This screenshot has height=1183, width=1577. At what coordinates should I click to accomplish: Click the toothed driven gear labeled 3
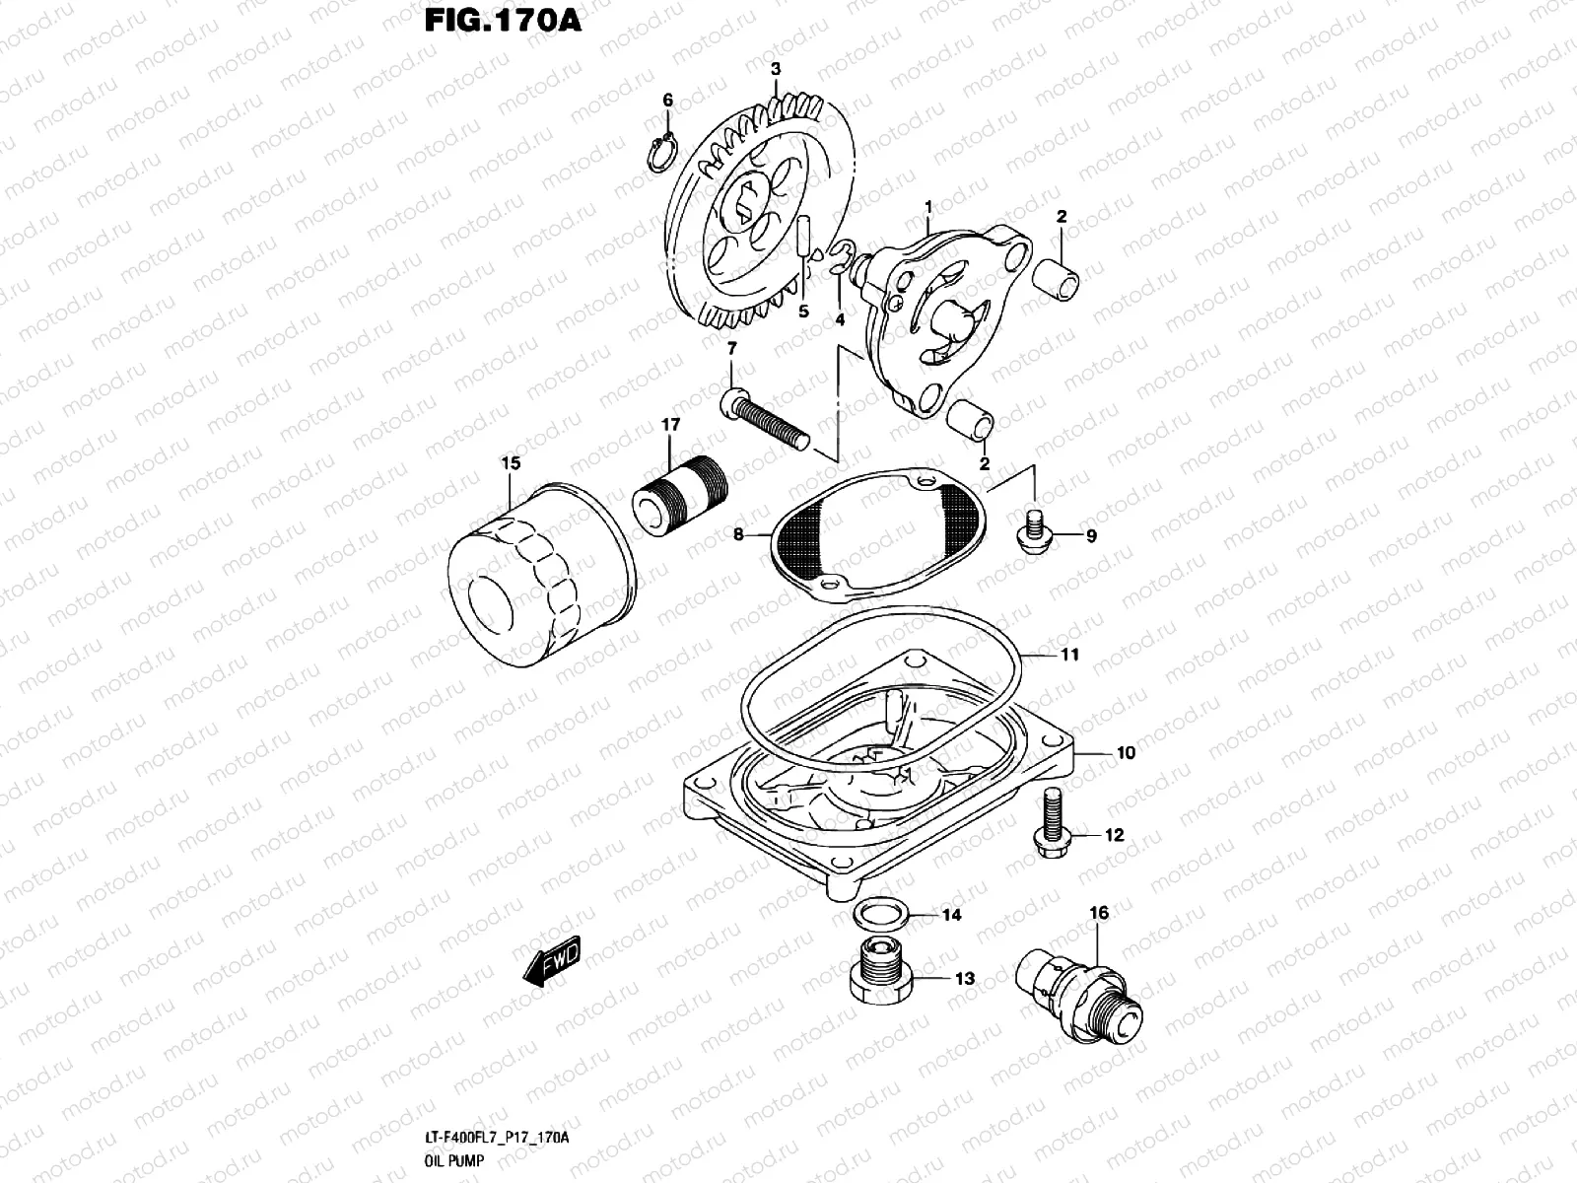point(759,212)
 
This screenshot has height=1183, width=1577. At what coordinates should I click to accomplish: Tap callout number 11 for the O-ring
point(1070,655)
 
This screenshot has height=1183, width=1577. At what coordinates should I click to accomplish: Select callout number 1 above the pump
point(927,205)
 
